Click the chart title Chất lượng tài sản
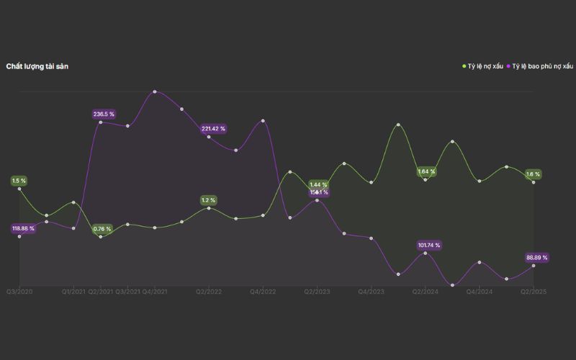point(37,66)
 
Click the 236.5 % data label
point(104,114)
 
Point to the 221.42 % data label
point(214,128)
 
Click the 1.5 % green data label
point(19,180)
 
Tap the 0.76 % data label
point(102,229)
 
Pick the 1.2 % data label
point(209,199)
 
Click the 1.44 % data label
point(318,185)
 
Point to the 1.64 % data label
point(427,171)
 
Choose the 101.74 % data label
point(429,245)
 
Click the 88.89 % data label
point(537,257)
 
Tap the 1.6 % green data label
point(533,174)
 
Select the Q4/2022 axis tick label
point(263,292)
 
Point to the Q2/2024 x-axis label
point(426,292)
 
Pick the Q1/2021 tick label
point(73,292)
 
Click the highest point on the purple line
point(155,91)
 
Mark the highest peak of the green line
point(398,125)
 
